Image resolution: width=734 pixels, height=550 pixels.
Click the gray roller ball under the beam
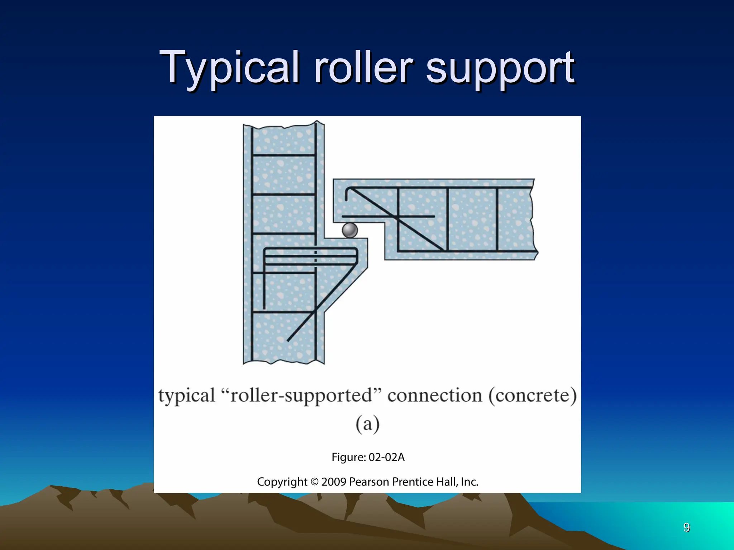click(349, 230)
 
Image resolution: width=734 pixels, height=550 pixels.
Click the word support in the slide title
click(500, 68)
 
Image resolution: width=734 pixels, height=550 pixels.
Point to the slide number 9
click(686, 527)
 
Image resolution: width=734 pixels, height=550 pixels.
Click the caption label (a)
click(367, 424)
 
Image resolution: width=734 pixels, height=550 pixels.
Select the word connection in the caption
click(435, 396)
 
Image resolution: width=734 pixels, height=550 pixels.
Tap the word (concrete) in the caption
click(533, 396)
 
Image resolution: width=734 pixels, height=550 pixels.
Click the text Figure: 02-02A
click(368, 457)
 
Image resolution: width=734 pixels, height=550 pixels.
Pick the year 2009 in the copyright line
click(334, 482)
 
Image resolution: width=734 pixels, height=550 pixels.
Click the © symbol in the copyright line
click(314, 482)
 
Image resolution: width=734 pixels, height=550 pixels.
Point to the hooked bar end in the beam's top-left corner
click(347, 193)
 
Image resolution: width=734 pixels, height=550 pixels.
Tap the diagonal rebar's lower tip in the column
click(288, 340)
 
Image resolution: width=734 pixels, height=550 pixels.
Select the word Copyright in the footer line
click(282, 482)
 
